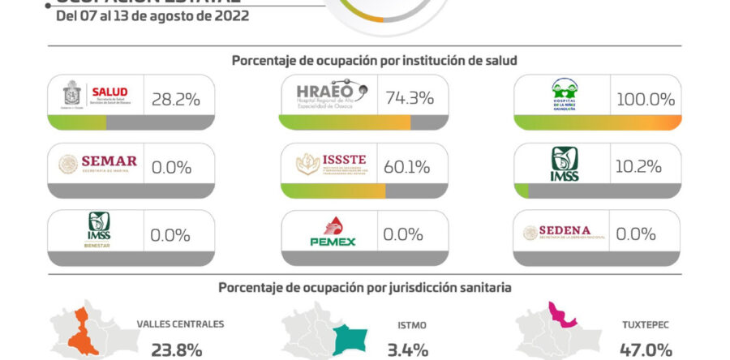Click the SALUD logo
pyautogui.click(x=95, y=97)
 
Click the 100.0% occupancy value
pyautogui.click(x=646, y=99)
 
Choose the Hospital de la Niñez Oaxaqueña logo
pyautogui.click(x=565, y=97)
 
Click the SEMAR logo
pyautogui.click(x=96, y=165)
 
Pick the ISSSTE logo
pyautogui.click(x=331, y=165)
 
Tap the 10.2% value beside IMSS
pyautogui.click(x=641, y=167)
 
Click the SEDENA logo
pyautogui.click(x=565, y=233)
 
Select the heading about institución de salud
pyautogui.click(x=374, y=61)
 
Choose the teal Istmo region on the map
pyautogui.click(x=351, y=337)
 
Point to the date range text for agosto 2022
pyautogui.click(x=152, y=15)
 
